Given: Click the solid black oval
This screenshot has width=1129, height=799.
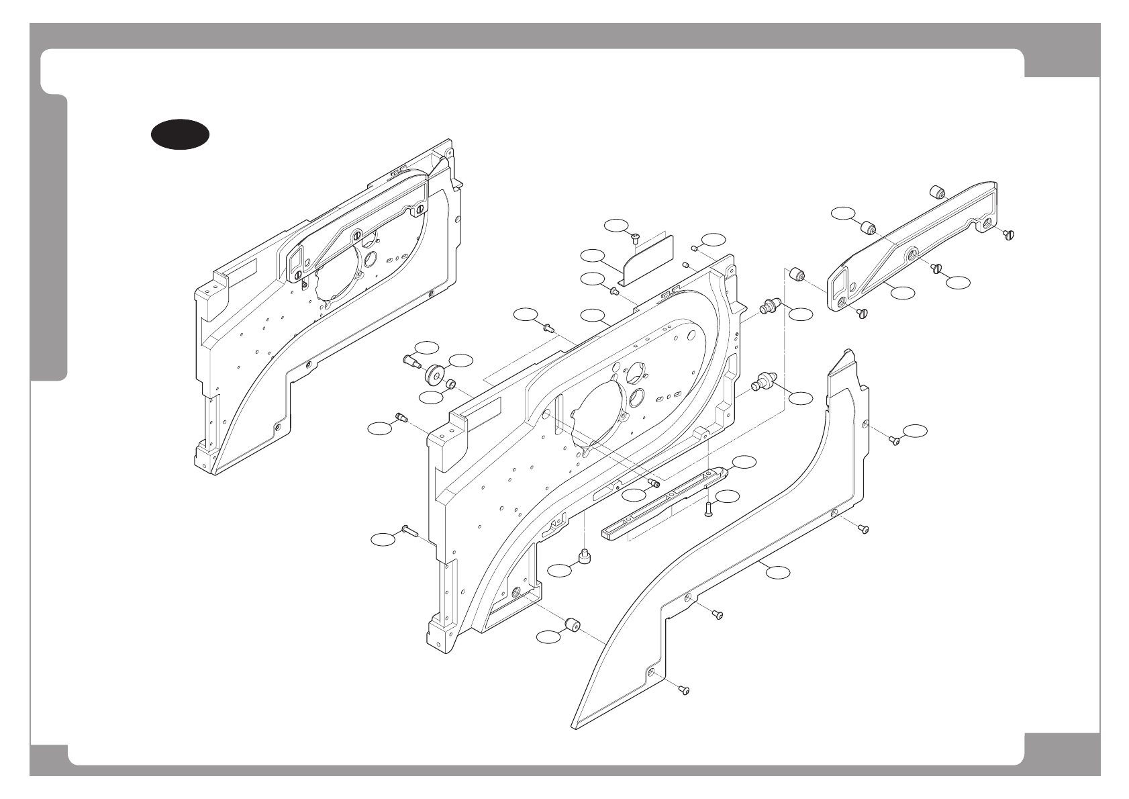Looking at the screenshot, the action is [x=179, y=134].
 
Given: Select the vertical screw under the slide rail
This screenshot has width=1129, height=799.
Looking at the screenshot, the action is [x=709, y=510].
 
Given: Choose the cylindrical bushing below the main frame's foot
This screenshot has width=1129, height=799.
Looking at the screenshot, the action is [x=573, y=625].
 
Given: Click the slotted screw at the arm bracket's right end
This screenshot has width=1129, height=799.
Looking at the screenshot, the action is [x=1009, y=234].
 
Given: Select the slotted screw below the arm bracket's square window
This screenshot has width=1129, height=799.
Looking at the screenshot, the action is [x=863, y=313].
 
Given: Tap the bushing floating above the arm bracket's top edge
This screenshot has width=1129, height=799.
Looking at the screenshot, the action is [x=937, y=193].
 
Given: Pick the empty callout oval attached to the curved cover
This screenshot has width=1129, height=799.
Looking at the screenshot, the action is [x=778, y=572].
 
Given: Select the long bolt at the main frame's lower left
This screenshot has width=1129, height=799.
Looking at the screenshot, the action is [x=410, y=531].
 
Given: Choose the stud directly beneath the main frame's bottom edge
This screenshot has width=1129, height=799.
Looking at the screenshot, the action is [x=584, y=557].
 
